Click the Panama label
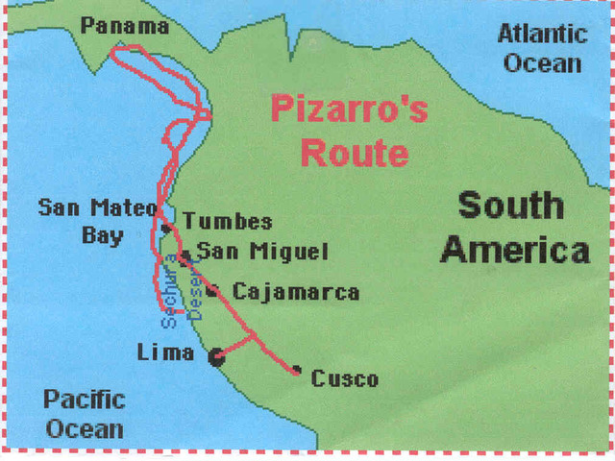(125, 26)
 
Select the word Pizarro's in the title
(349, 109)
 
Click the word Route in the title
(353, 153)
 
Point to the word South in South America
(510, 206)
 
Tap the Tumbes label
(228, 222)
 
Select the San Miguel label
(261, 252)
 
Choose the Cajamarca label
(296, 292)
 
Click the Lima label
(165, 352)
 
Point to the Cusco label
(344, 379)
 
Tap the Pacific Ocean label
(85, 413)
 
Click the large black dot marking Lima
(216, 357)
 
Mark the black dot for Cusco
(297, 370)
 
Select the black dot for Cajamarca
(211, 289)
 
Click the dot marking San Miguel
(183, 256)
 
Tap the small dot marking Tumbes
(166, 229)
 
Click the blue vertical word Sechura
(170, 288)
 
